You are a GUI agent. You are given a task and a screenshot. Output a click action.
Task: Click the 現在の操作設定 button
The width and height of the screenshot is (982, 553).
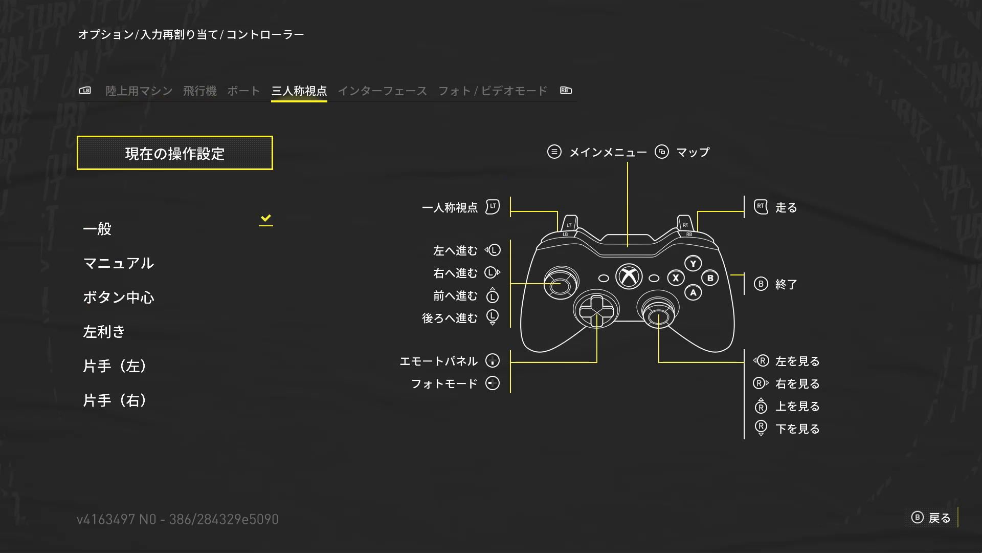174,153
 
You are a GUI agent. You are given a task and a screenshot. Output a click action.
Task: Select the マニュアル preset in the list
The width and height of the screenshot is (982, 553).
118,263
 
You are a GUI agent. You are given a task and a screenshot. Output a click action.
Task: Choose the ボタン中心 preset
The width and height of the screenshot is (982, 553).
118,297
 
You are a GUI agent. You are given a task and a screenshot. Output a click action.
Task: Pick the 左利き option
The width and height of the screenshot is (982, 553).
104,332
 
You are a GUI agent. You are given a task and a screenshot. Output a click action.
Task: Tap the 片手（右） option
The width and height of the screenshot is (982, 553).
115,400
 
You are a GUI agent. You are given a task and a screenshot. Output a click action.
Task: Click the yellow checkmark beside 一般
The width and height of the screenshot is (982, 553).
265,219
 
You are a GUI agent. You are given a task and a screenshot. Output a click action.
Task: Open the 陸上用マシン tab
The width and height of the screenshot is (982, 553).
139,91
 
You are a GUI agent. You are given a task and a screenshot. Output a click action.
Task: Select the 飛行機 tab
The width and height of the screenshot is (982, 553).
199,91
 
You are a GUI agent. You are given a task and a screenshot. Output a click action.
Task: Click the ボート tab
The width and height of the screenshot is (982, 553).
243,91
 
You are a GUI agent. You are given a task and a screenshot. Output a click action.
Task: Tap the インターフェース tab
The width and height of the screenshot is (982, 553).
382,91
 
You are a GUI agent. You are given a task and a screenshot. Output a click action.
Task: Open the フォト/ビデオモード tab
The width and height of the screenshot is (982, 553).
493,91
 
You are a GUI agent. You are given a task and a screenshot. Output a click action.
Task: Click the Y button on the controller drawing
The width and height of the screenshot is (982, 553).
693,264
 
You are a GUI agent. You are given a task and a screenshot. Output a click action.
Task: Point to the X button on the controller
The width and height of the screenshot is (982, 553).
676,278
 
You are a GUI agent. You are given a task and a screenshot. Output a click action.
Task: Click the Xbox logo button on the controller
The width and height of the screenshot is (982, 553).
629,276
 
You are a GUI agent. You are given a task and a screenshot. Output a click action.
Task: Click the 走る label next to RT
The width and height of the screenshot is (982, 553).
786,208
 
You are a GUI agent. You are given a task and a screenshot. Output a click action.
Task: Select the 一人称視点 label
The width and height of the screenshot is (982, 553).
450,208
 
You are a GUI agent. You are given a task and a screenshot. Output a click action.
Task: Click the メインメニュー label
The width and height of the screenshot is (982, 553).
608,153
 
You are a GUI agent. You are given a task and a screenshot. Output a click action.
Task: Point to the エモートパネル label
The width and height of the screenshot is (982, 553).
438,361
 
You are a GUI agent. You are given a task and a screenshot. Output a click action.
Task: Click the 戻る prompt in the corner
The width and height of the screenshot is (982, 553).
939,518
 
